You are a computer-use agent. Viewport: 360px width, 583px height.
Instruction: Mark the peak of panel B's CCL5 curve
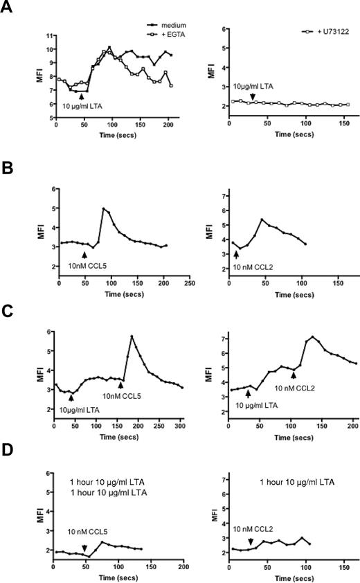pyautogui.click(x=103, y=208)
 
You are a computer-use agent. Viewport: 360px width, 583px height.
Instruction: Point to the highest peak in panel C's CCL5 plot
pyautogui.click(x=132, y=337)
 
